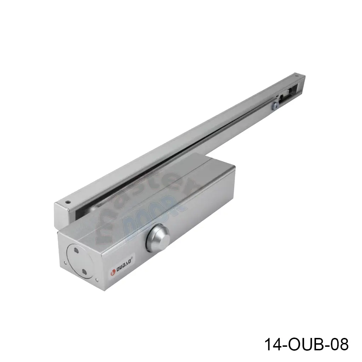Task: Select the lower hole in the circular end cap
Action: pyautogui.click(x=84, y=271)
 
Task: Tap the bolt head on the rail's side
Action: pyautogui.click(x=275, y=106)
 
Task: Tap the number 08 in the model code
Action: pyautogui.click(x=339, y=344)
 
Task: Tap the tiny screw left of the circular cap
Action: pyautogui.click(x=65, y=263)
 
